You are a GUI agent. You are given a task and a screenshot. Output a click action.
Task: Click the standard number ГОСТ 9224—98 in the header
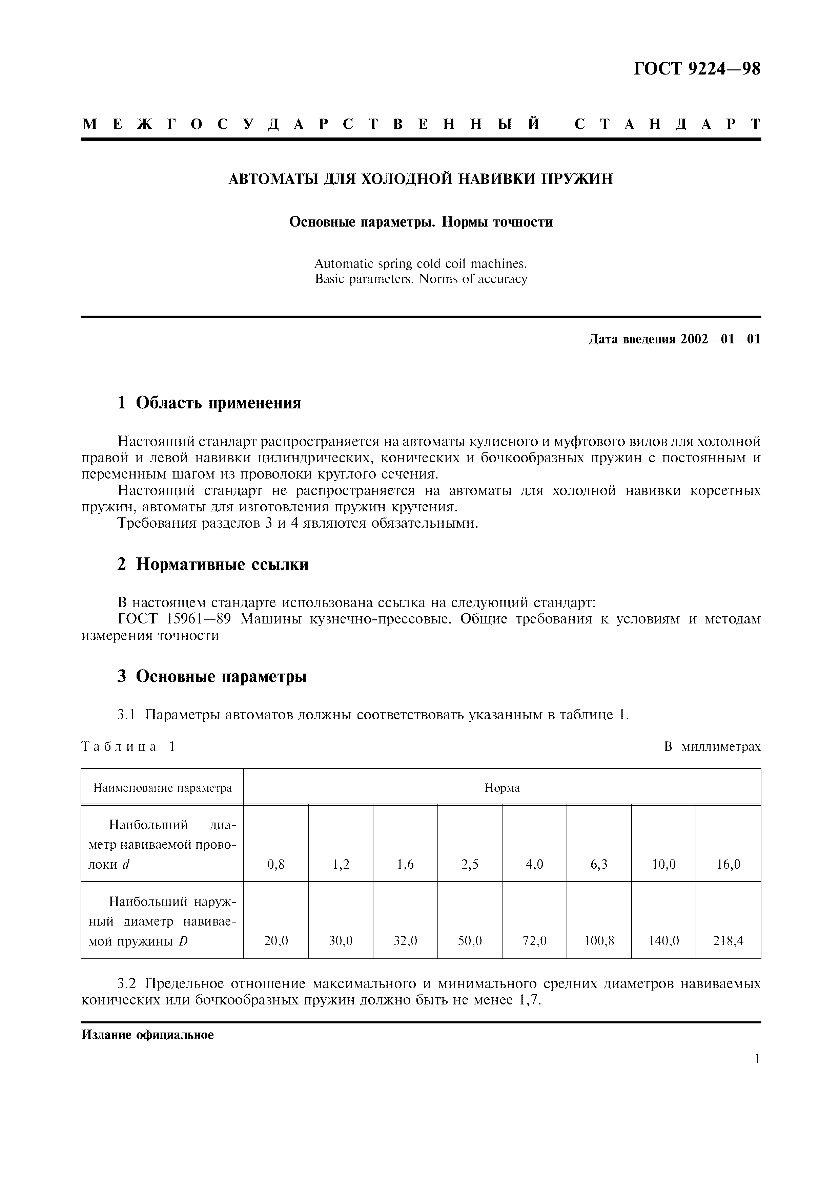(x=697, y=69)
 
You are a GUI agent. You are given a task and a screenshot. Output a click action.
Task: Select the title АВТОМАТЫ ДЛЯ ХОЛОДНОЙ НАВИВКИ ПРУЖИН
(x=420, y=179)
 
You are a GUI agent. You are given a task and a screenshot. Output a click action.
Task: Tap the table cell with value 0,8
(x=276, y=864)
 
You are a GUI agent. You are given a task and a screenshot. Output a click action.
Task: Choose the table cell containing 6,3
(x=599, y=864)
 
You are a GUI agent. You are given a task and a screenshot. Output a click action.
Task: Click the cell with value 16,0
(x=728, y=864)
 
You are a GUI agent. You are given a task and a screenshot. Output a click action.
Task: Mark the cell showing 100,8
(x=599, y=941)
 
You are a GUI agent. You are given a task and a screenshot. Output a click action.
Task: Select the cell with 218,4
(x=728, y=941)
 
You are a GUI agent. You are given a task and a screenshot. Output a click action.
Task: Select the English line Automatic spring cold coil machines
(x=420, y=264)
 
